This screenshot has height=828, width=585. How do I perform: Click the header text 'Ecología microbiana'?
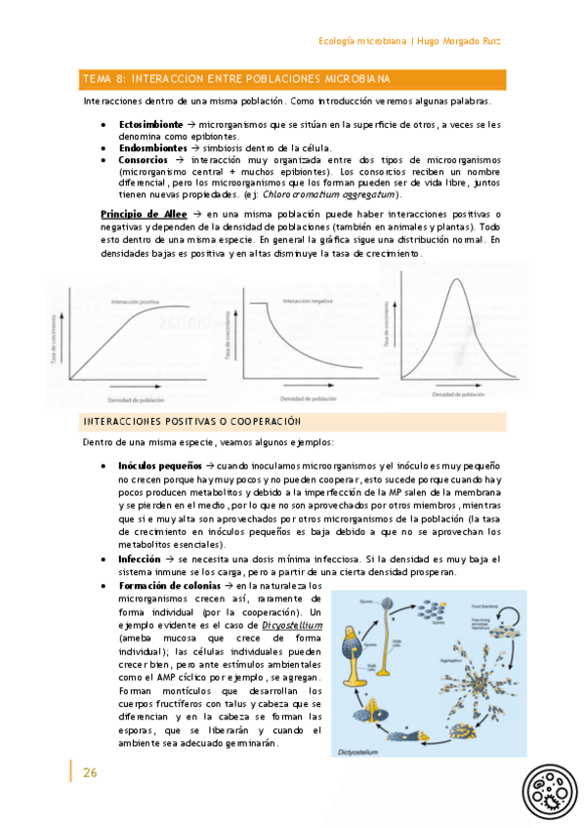coord(363,41)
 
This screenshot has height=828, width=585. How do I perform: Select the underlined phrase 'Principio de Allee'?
coord(145,214)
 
